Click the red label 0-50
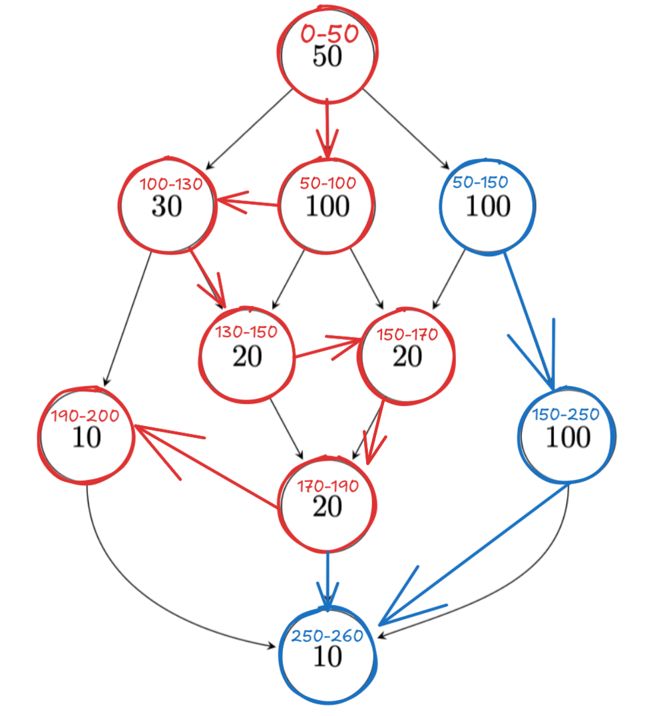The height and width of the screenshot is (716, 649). coord(329,34)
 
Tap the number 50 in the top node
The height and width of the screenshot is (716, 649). coord(327,57)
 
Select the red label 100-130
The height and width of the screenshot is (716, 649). coord(170,184)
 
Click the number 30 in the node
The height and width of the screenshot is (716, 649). coord(166,208)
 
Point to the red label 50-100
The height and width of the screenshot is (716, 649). coord(328,183)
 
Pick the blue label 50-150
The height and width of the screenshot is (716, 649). coord(480,182)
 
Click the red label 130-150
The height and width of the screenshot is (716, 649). coord(247,331)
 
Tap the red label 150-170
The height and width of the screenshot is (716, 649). coord(407,334)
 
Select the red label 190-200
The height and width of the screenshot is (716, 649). coord(86,417)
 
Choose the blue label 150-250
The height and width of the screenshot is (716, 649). coord(566,415)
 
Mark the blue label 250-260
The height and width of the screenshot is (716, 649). coord(327,636)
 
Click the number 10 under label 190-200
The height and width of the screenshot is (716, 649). coord(87,439)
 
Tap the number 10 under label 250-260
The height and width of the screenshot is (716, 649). coord(327,657)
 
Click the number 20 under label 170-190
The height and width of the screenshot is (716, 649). coord(327,507)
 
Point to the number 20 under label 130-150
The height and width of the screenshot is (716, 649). coord(247,357)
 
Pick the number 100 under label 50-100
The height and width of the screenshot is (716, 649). coord(327,207)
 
